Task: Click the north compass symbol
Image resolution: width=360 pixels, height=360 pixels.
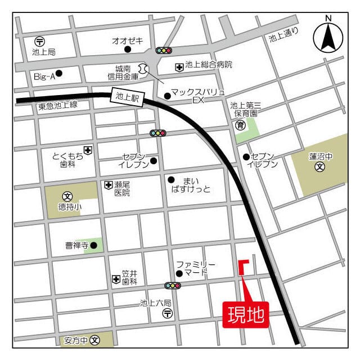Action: pos(327,34)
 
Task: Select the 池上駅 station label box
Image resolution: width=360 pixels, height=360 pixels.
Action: pos(127,97)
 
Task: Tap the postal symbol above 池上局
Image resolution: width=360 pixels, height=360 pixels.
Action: pos(39,41)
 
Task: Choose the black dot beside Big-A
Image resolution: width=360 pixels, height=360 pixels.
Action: pos(59,73)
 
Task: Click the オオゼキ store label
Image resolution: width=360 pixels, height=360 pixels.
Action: pos(128,41)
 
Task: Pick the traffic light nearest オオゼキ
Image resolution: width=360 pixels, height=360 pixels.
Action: pos(164,51)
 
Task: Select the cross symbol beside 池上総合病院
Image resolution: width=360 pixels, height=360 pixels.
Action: pos(179,66)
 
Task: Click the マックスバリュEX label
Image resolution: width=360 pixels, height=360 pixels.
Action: pos(197,95)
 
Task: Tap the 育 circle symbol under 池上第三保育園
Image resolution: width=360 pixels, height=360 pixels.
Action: pos(240,125)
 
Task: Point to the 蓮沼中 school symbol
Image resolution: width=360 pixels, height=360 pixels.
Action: pos(320,167)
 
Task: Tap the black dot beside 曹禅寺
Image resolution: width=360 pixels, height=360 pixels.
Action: pos(93,245)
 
